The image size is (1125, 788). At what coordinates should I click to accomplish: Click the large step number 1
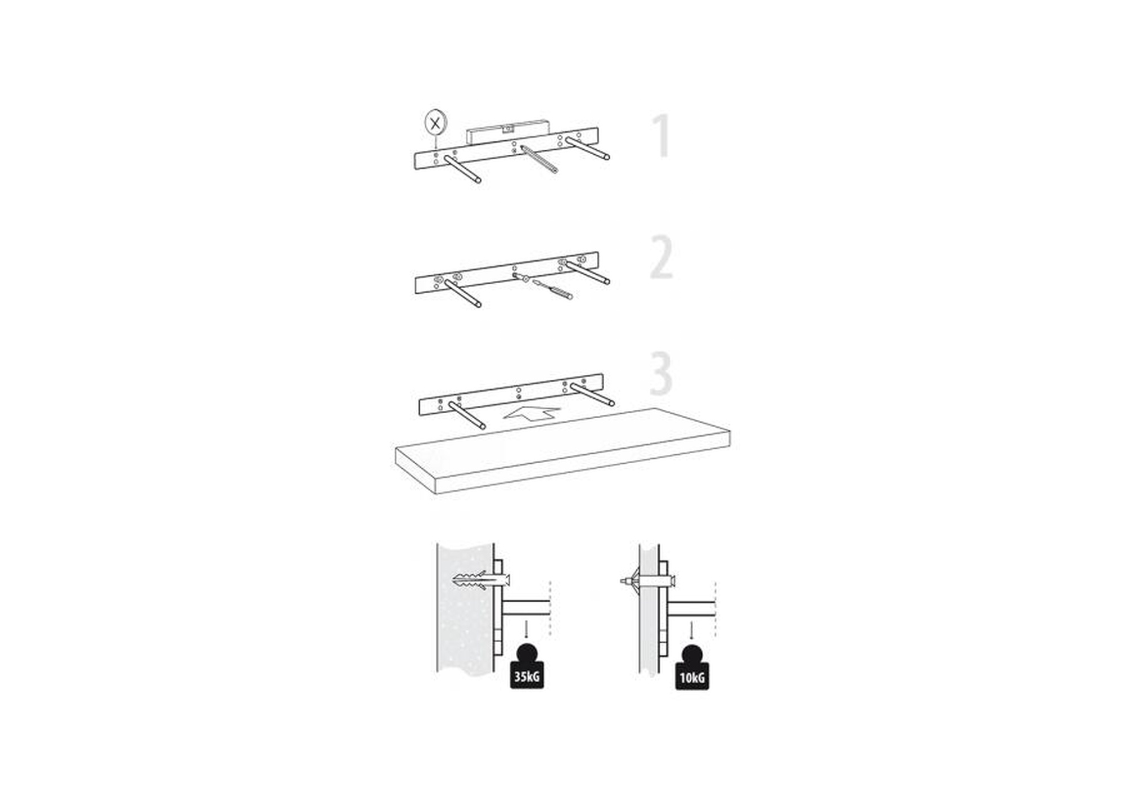click(x=662, y=136)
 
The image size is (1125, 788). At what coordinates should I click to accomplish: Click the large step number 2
click(x=662, y=257)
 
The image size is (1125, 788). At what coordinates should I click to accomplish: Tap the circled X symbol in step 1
click(x=434, y=123)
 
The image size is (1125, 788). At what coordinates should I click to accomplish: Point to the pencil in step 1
click(x=539, y=159)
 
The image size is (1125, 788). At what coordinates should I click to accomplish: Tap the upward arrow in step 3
click(x=532, y=414)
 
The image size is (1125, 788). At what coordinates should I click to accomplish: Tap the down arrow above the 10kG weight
click(x=691, y=630)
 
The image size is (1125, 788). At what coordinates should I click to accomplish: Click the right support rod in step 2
click(x=587, y=272)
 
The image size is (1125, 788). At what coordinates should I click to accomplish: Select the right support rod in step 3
click(x=592, y=395)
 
